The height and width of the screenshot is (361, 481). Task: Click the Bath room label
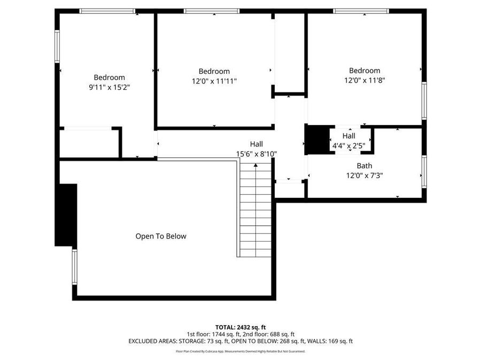point(364,166)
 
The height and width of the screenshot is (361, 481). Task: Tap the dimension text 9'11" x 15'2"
point(109,88)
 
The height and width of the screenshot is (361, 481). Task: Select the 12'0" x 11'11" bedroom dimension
point(214,81)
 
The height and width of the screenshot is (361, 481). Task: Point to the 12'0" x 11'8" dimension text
point(364,80)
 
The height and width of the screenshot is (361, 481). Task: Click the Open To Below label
point(161,236)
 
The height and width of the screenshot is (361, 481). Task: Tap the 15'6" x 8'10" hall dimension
point(257,154)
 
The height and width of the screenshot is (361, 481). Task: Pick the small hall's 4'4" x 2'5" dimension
point(349,146)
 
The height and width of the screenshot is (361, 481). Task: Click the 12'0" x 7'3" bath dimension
point(364,175)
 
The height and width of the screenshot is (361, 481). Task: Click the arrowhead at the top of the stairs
point(255,165)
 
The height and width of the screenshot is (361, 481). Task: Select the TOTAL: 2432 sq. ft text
point(241,327)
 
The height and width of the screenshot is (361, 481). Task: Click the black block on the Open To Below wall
point(66,215)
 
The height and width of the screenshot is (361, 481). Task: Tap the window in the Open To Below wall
point(74,267)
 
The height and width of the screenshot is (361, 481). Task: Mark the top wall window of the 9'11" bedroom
point(107,11)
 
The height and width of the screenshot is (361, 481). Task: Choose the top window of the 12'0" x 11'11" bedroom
point(212,11)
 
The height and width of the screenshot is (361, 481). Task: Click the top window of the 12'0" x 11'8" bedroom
point(361,11)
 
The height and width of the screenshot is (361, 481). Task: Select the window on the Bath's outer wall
point(424,172)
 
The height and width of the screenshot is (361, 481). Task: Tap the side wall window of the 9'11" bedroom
point(57,47)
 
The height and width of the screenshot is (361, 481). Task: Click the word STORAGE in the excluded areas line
point(192,341)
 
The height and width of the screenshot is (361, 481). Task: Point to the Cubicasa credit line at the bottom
point(241,351)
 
